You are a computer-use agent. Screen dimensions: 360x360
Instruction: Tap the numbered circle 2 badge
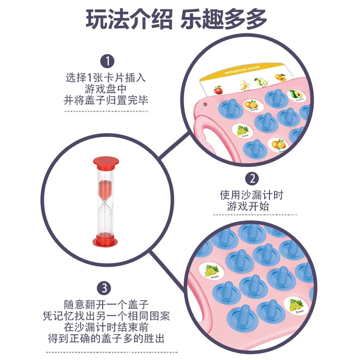[x=252, y=178]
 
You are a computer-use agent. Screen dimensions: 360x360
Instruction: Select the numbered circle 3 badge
[x=104, y=288]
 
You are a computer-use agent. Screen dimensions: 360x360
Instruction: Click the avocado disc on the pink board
[x=295, y=94]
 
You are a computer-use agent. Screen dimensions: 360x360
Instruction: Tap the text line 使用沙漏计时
[x=252, y=195]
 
